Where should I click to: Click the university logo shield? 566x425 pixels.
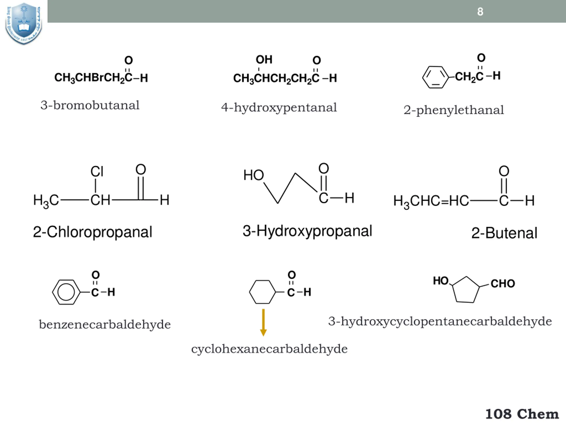click(23, 23)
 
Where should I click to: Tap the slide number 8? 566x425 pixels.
click(480, 12)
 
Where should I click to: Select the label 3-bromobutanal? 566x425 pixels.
click(90, 105)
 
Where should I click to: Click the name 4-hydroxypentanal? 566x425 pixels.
click(279, 108)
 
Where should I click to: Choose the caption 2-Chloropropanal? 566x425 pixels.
click(93, 232)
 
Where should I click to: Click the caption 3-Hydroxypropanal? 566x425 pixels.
click(307, 231)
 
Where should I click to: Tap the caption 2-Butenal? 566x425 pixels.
click(504, 233)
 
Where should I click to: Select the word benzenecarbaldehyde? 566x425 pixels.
click(105, 325)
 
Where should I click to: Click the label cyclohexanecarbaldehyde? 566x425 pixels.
click(269, 349)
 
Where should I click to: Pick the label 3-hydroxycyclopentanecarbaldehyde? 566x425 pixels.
click(440, 321)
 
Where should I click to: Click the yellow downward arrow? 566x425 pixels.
click(263, 322)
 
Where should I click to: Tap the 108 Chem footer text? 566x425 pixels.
click(522, 414)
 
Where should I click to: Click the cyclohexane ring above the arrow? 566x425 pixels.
click(262, 292)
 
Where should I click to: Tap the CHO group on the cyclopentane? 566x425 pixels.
click(503, 284)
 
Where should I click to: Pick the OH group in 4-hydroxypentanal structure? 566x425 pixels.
click(264, 60)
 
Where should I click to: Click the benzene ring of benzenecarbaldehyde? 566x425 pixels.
click(66, 292)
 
